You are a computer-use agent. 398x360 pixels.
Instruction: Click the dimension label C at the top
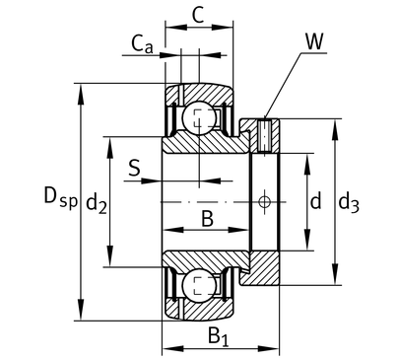click(198, 15)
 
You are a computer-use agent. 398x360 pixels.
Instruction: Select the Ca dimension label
click(142, 44)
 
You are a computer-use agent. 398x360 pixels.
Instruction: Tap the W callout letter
click(314, 41)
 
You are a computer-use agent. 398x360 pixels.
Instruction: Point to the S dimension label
click(134, 168)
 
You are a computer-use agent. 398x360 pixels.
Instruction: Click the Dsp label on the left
click(61, 196)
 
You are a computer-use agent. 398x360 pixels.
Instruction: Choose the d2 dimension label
click(97, 203)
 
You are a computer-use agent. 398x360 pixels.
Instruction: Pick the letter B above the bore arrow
click(207, 219)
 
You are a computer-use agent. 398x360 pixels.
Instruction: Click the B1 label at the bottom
click(218, 336)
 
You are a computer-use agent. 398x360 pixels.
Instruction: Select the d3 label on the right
click(349, 203)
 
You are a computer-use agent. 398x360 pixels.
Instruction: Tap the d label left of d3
click(315, 201)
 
